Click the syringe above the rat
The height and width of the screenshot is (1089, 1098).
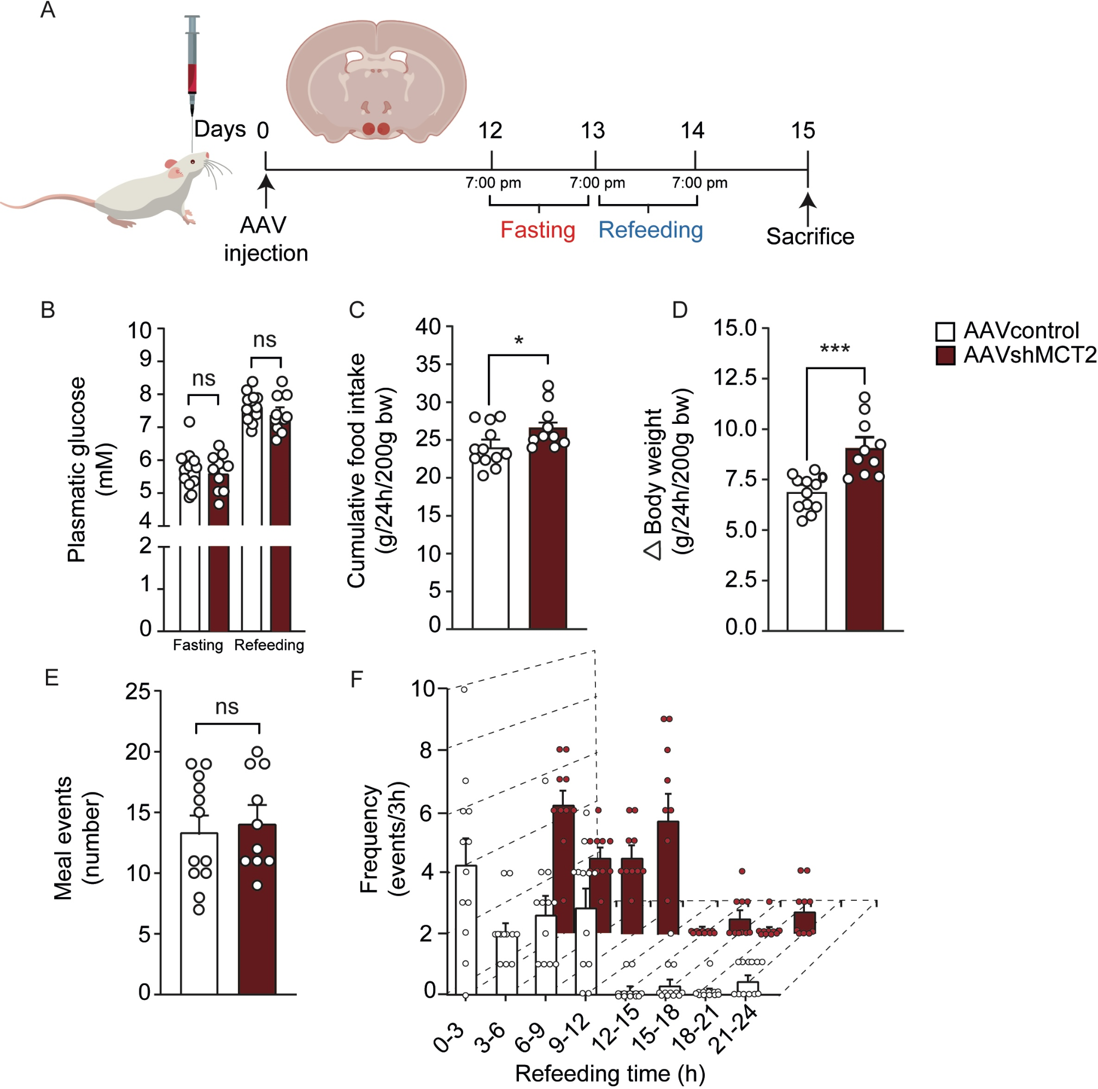click(x=192, y=62)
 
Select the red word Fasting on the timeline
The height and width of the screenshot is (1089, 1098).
click(x=538, y=230)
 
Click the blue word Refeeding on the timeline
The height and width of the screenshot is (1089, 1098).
click(x=651, y=230)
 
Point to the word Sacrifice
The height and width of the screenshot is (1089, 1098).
click(x=810, y=236)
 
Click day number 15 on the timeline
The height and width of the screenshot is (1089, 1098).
click(x=803, y=131)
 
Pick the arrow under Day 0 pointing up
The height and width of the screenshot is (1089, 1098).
click(x=265, y=190)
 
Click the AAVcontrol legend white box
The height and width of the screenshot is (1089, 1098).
click(x=945, y=331)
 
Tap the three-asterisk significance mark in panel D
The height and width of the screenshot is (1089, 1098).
click(x=835, y=349)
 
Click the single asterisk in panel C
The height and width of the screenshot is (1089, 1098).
click(x=518, y=341)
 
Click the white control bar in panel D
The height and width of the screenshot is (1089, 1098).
click(x=807, y=563)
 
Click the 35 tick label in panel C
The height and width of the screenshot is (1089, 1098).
click(x=428, y=364)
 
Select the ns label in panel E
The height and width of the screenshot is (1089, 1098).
click(x=227, y=707)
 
